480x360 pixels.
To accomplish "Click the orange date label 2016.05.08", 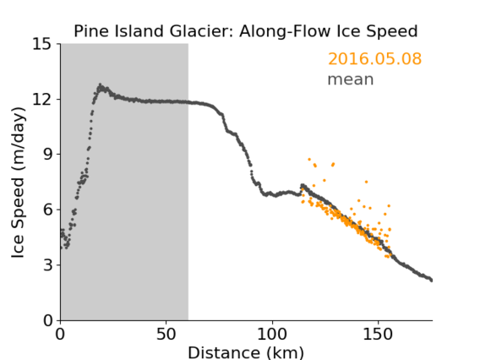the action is (374, 58).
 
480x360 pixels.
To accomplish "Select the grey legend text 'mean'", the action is (351, 79).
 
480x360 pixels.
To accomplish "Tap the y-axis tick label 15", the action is (42, 44).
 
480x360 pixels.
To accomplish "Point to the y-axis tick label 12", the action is (42, 99).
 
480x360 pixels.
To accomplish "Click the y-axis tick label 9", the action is (47, 155).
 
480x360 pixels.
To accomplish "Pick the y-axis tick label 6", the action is (47, 210).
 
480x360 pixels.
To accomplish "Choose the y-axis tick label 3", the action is (47, 265).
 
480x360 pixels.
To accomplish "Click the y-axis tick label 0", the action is (47, 320).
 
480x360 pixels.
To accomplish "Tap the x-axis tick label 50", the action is (166, 335).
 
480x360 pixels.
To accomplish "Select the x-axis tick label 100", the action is (272, 335).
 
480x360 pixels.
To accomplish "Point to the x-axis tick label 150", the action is (378, 335).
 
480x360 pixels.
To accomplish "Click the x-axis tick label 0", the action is (60, 335).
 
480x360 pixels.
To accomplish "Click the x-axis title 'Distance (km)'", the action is (246, 353).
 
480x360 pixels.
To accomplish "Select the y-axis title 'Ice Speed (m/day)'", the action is (18, 183).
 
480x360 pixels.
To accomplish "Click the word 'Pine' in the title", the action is (92, 31).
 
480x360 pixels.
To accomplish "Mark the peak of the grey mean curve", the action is (100, 85).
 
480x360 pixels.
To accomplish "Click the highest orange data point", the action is (309, 159).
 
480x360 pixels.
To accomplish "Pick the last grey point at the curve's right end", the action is (431, 280).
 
